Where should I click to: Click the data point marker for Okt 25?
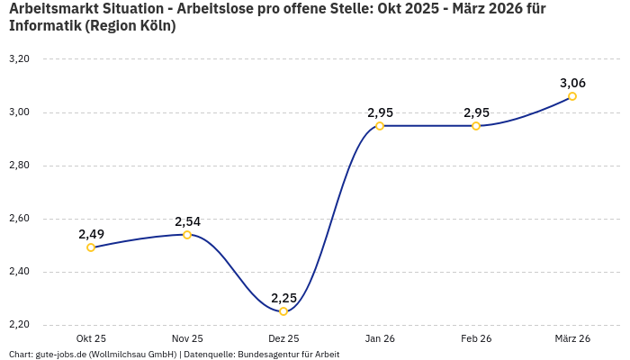pyautogui.click(x=91, y=247)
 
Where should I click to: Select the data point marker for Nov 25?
pyautogui.click(x=187, y=235)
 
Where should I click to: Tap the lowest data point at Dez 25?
pyautogui.click(x=283, y=311)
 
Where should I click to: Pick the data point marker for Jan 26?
pyautogui.click(x=380, y=126)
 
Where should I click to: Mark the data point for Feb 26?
pyautogui.click(x=476, y=126)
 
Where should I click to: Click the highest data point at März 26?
pyautogui.click(x=572, y=96)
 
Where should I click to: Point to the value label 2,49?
pyautogui.click(x=91, y=234)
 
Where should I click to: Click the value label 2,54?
pyautogui.click(x=187, y=221)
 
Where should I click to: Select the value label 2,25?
pyautogui.click(x=283, y=298)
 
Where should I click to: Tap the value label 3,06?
pyautogui.click(x=572, y=83)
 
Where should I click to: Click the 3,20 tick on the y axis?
pyautogui.click(x=19, y=59)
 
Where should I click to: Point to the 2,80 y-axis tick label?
pyautogui.click(x=19, y=166)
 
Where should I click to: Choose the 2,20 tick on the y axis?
pyautogui.click(x=19, y=325)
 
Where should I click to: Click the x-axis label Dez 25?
pyautogui.click(x=283, y=339)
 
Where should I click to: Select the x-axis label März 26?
pyautogui.click(x=572, y=339)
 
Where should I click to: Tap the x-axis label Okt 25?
pyautogui.click(x=91, y=339)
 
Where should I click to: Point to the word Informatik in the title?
pyautogui.click(x=43, y=26)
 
